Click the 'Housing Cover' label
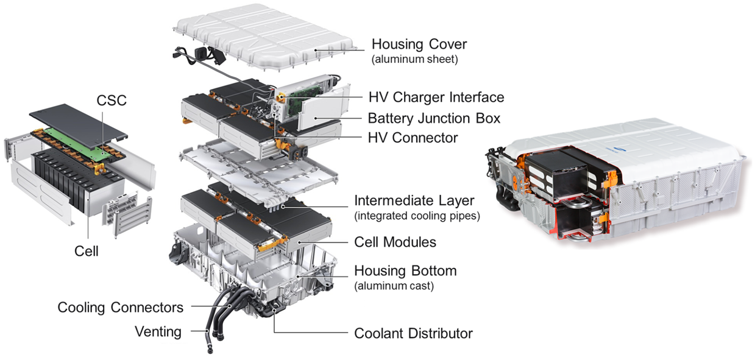click(419, 44)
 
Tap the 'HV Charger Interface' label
click(436, 97)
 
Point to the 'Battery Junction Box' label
click(434, 118)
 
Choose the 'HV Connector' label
click(413, 138)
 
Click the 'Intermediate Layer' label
click(414, 200)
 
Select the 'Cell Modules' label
click(395, 242)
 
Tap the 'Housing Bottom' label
click(405, 270)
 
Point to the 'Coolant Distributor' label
click(413, 333)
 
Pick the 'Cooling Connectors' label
click(121, 307)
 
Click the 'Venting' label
click(158, 331)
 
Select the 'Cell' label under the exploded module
click(86, 250)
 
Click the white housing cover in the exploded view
click(262, 34)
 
